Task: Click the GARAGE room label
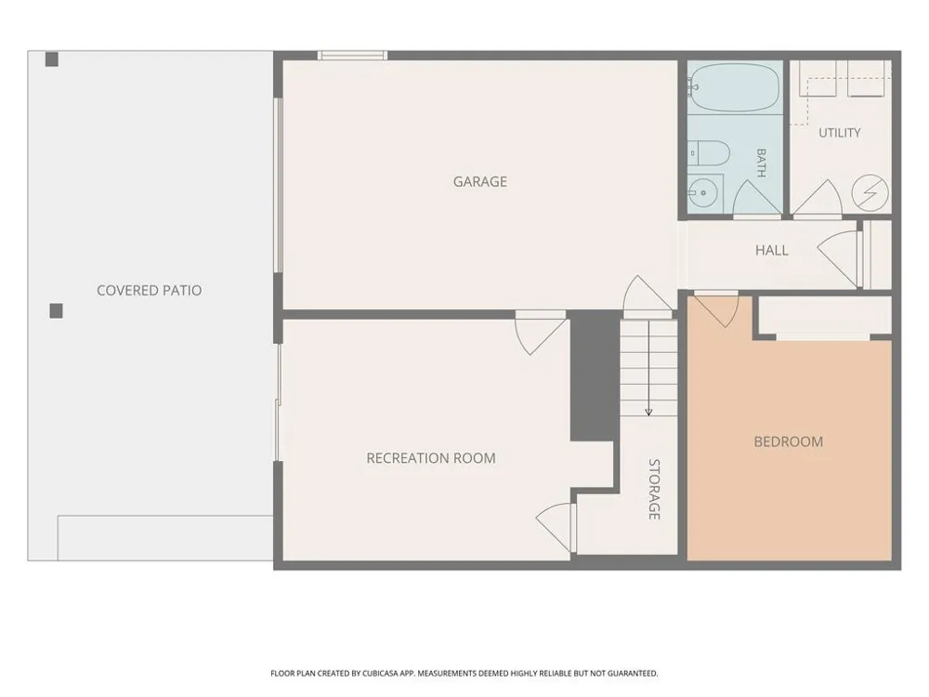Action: pyautogui.click(x=480, y=181)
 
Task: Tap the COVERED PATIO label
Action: pyautogui.click(x=150, y=290)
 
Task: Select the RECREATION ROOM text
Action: pyautogui.click(x=431, y=458)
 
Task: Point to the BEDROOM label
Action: pyautogui.click(x=788, y=441)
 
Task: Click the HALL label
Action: pyautogui.click(x=771, y=250)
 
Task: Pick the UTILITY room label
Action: pyautogui.click(x=840, y=133)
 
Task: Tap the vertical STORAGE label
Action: pyautogui.click(x=654, y=489)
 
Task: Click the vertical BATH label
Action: pyautogui.click(x=762, y=163)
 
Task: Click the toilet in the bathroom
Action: pyautogui.click(x=709, y=153)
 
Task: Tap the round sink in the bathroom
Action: pyautogui.click(x=703, y=192)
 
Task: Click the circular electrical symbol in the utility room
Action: pyautogui.click(x=870, y=192)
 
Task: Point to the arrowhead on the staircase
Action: pyautogui.click(x=648, y=412)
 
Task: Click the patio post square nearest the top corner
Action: pyautogui.click(x=52, y=59)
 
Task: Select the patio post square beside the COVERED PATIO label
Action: pyautogui.click(x=57, y=310)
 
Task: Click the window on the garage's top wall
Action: pyautogui.click(x=352, y=56)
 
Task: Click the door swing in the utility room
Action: pyautogui.click(x=818, y=198)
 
